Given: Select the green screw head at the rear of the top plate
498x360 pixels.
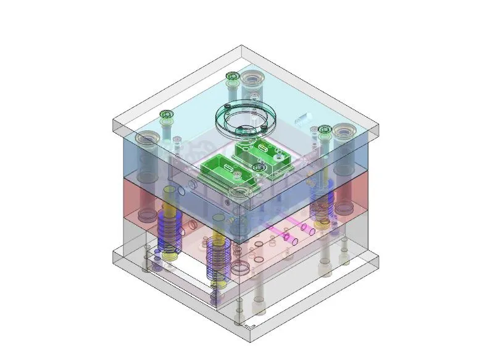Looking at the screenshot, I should coord(232,76).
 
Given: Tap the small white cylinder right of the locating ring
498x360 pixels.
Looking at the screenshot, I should coord(302,117).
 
